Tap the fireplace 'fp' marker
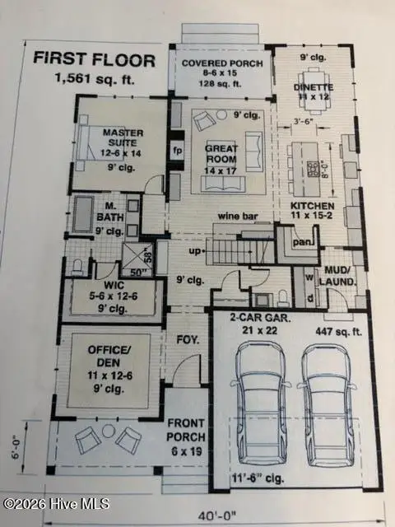tap(176, 151)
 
